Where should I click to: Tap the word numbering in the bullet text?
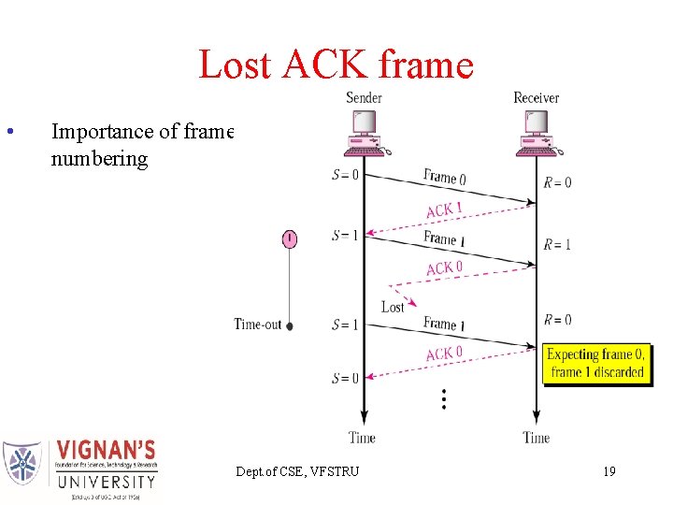point(99,158)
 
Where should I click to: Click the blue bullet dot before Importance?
point(8,131)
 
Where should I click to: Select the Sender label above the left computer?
point(364,97)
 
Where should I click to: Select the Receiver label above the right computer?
point(536,97)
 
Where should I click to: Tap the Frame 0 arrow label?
point(445,177)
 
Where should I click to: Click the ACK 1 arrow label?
point(444,209)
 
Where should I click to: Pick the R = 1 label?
point(557,244)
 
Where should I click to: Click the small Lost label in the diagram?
point(393,307)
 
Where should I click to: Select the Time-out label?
point(257,325)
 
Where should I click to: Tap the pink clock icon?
point(290,238)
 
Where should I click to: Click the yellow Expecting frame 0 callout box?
point(596,363)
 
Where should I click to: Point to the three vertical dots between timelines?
point(443,400)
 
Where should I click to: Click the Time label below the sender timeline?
point(362,438)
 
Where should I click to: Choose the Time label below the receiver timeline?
point(536,438)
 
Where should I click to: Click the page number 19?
point(609,471)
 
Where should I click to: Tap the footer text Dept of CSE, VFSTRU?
point(297,471)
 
